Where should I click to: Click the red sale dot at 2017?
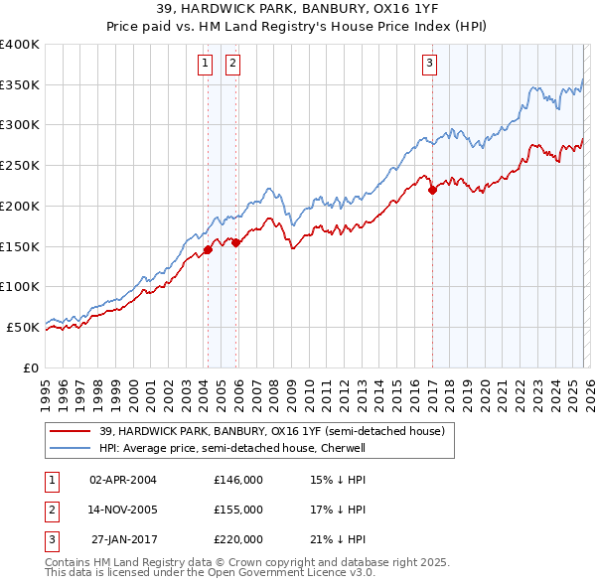[432, 191]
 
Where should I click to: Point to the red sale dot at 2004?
[208, 249]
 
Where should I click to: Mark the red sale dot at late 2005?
[236, 242]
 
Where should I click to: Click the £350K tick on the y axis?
[21, 85]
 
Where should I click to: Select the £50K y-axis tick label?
[24, 327]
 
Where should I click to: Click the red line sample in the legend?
[72, 431]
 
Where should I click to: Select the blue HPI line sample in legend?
[72, 448]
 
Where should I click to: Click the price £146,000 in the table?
[238, 479]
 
